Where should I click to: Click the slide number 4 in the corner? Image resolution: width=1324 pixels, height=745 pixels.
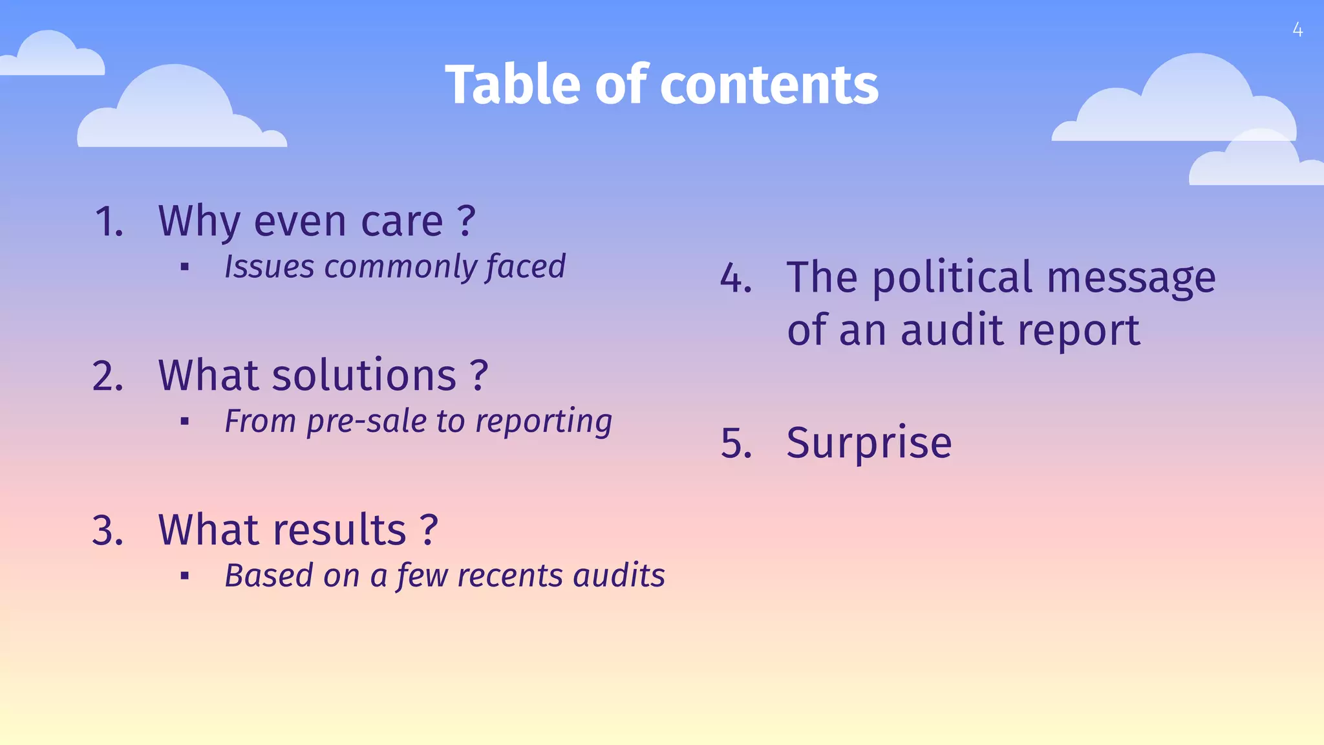1297,30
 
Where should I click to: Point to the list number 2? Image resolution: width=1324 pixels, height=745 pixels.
107,376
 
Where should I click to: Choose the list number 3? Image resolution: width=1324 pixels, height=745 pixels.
107,530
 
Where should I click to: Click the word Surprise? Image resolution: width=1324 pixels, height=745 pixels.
869,444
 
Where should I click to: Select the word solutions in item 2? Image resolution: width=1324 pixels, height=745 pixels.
364,376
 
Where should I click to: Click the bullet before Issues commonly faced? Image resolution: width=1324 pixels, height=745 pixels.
185,267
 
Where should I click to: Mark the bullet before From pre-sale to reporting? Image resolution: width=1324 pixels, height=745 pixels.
185,422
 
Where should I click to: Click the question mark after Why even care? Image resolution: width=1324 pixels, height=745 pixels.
466,221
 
